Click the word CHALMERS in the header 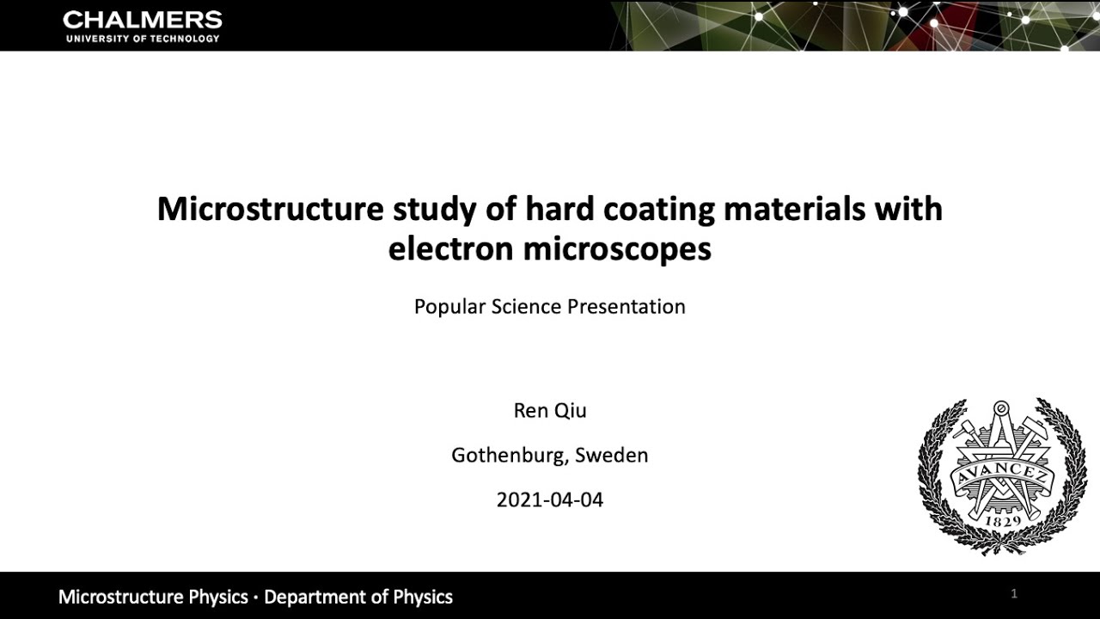pyautogui.click(x=142, y=20)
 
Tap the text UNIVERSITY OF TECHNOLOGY pyautogui.click(x=142, y=39)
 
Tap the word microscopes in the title pyautogui.click(x=617, y=249)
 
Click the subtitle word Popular pyautogui.click(x=449, y=307)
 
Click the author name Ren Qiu pyautogui.click(x=550, y=411)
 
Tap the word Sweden pyautogui.click(x=612, y=456)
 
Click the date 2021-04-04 pyautogui.click(x=550, y=499)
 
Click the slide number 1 pyautogui.click(x=1014, y=593)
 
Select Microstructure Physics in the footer pyautogui.click(x=153, y=597)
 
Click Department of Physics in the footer pyautogui.click(x=358, y=597)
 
